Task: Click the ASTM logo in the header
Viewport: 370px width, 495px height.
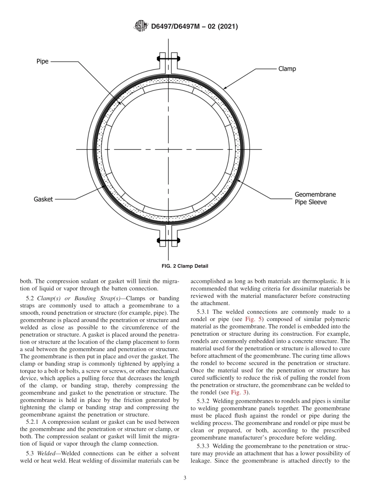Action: point(141,26)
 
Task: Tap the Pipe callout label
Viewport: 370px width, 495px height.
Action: point(42,61)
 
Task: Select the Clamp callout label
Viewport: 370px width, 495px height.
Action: point(287,69)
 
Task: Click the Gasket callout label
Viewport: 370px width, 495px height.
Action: point(43,199)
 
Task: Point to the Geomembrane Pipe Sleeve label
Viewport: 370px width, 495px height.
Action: point(315,198)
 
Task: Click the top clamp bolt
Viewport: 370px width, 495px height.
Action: point(168,59)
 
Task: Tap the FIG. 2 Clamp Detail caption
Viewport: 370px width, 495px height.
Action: point(185,266)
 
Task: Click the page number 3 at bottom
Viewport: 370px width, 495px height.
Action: point(185,478)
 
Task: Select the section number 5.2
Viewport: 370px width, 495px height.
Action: point(31,298)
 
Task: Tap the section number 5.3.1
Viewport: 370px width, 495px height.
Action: point(205,312)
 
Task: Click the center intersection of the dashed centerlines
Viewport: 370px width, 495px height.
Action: point(168,149)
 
